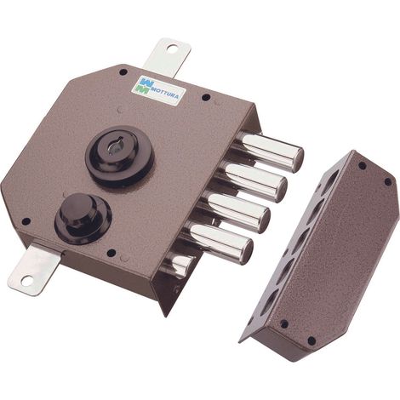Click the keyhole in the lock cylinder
click(117, 146)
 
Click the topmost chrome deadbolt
click(269, 151)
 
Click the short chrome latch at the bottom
click(179, 263)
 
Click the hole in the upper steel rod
click(171, 49)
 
